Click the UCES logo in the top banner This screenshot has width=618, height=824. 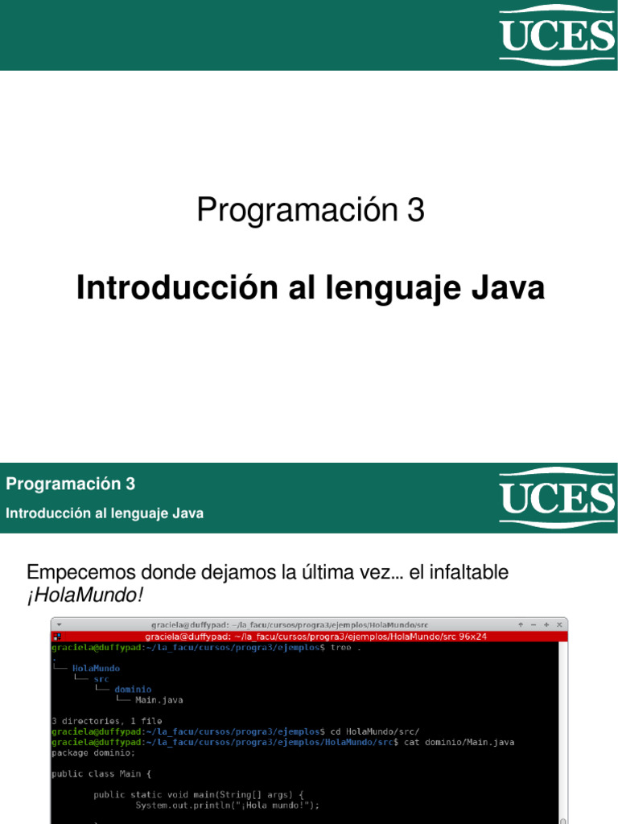tap(557, 35)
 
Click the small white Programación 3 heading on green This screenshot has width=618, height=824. tap(71, 484)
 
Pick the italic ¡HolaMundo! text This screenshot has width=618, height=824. tap(84, 596)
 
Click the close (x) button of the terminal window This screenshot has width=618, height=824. tap(558, 624)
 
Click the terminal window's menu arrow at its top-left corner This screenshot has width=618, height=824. tap(59, 624)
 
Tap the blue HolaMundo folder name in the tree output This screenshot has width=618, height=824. tap(96, 668)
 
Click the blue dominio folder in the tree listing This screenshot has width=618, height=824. tap(133, 689)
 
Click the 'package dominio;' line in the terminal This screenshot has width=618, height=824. tap(93, 752)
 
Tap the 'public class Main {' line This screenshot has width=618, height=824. tap(101, 773)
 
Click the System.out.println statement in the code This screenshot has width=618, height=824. tap(227, 805)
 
